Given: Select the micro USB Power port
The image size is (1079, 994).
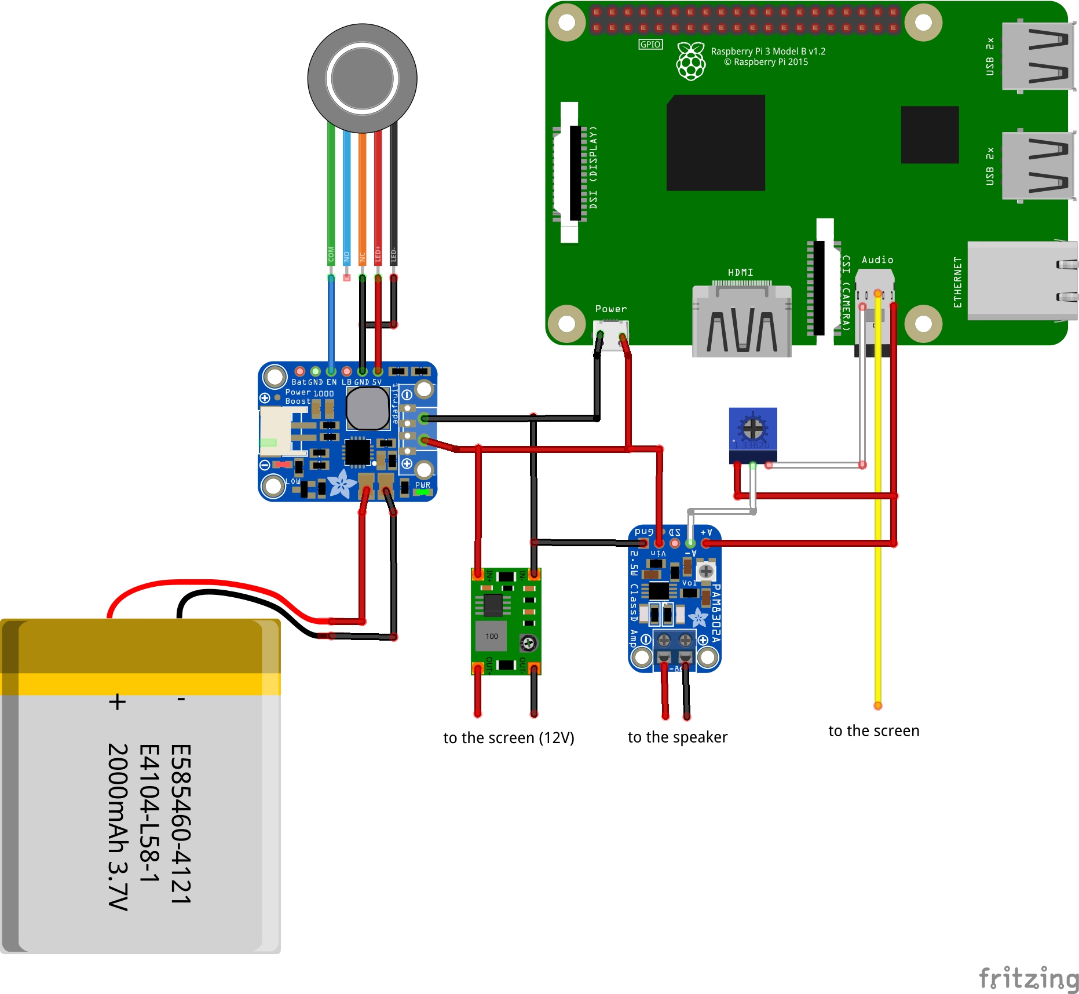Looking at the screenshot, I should tap(611, 335).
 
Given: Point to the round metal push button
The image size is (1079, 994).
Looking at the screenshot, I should tap(362, 78).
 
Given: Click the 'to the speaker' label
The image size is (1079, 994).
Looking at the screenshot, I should tap(677, 737).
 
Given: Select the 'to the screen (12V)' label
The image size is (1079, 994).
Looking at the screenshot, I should tap(509, 738).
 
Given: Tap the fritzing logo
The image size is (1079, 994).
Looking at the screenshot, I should tap(1028, 978).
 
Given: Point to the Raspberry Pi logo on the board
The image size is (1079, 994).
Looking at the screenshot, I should tap(691, 61).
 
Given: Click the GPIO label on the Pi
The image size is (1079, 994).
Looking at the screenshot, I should tap(650, 45).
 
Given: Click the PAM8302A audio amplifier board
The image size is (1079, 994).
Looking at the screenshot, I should tap(674, 600).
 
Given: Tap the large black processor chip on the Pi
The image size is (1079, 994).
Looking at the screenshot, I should tap(716, 143).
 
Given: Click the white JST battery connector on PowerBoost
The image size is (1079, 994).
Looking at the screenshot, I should tap(276, 432).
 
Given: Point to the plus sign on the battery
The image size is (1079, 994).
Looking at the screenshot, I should tap(117, 702).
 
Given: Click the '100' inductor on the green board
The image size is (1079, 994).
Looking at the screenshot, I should tap(491, 636).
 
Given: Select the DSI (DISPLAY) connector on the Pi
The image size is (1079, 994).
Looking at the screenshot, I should tap(573, 173).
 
